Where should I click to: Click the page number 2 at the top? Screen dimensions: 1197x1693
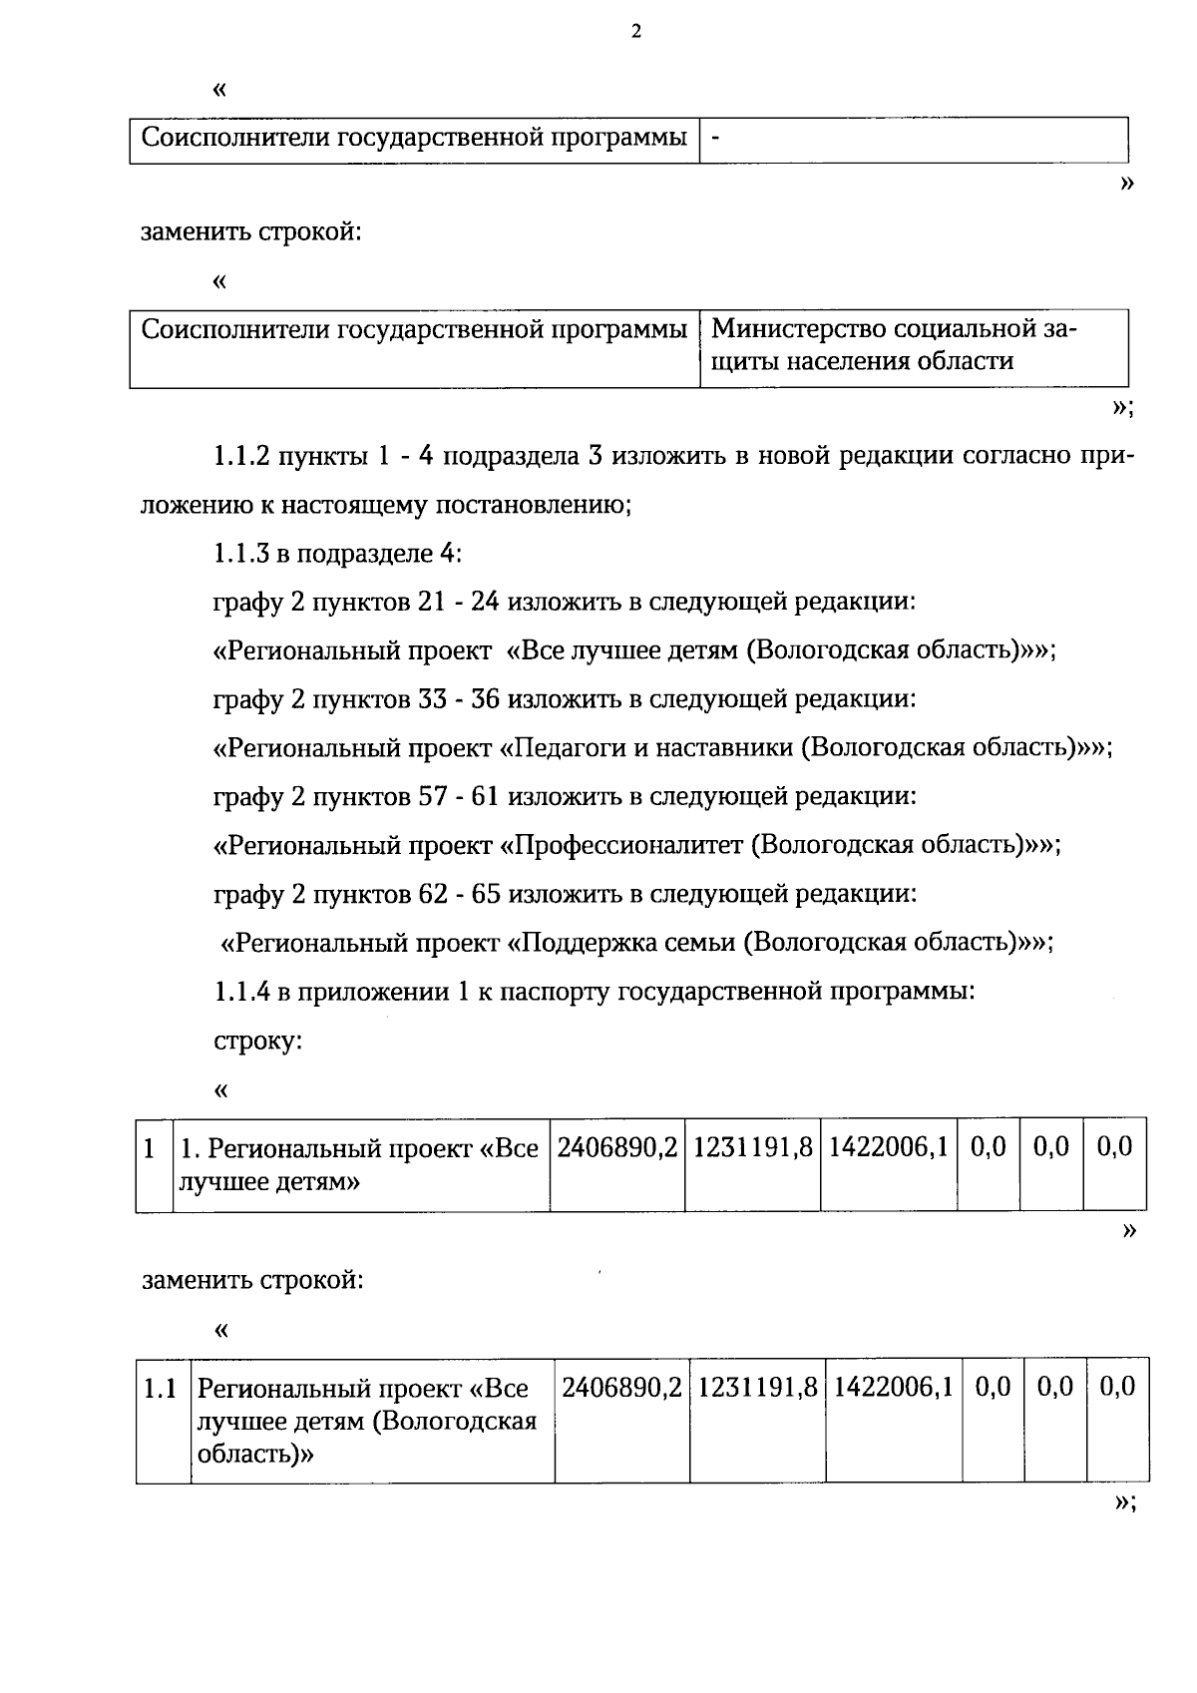[636, 32]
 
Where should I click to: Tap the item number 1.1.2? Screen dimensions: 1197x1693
[241, 457]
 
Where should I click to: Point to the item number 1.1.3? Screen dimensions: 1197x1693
[241, 554]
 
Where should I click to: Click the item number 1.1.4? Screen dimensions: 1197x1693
[241, 991]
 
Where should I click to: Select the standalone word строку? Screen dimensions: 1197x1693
[258, 1041]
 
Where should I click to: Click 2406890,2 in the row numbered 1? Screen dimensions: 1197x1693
[616, 1147]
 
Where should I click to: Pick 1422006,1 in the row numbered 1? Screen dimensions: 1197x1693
[888, 1147]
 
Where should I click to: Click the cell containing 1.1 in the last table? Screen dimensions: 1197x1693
[161, 1388]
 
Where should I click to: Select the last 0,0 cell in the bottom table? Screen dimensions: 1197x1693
[1117, 1387]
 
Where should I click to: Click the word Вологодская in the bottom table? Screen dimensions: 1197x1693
[454, 1421]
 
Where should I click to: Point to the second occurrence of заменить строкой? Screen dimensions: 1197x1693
[252, 1279]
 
